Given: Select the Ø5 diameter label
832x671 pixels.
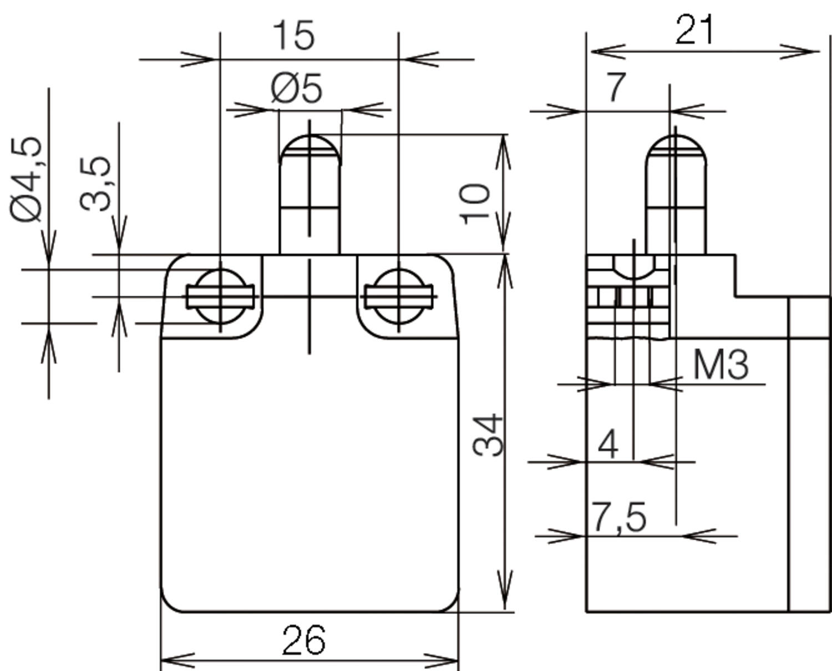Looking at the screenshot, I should pyautogui.click(x=297, y=89).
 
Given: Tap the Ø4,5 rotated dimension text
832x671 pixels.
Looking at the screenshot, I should pyautogui.click(x=27, y=179).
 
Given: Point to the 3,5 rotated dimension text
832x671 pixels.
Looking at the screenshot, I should pyautogui.click(x=96, y=184).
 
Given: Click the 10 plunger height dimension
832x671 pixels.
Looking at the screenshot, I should pyautogui.click(x=476, y=204).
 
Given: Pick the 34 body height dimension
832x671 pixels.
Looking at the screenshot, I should pyautogui.click(x=490, y=435).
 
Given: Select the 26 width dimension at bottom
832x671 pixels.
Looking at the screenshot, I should pyautogui.click(x=303, y=640).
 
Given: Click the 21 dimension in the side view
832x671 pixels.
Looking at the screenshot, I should pyautogui.click(x=694, y=31).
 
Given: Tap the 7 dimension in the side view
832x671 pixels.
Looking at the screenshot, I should pyautogui.click(x=616, y=88).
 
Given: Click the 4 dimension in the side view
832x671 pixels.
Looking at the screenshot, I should pyautogui.click(x=608, y=444).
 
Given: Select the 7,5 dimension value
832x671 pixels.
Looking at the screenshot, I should pyautogui.click(x=619, y=517).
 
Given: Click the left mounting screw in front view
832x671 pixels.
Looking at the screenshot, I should pyautogui.click(x=221, y=296).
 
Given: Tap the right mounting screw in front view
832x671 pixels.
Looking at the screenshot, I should pyautogui.click(x=398, y=296).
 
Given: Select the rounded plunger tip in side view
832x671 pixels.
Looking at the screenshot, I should pyautogui.click(x=676, y=147).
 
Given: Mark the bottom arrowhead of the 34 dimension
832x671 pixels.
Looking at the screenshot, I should pyautogui.click(x=505, y=599).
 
